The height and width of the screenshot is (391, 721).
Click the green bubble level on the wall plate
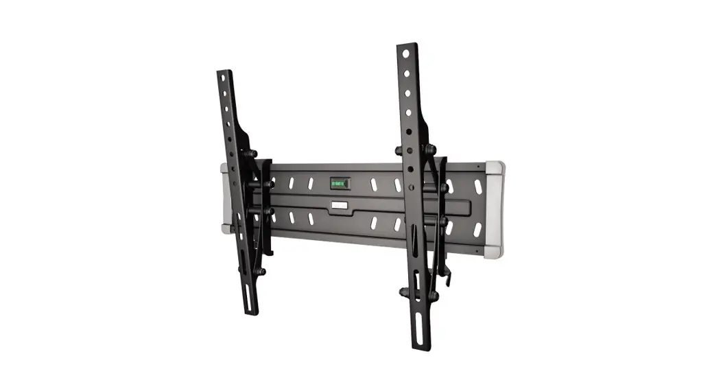point(339,183)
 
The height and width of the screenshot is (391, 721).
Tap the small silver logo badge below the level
point(339,205)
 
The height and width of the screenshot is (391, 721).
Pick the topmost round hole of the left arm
point(223,78)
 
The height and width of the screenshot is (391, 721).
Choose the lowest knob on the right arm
point(433,296)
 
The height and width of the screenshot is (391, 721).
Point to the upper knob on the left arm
point(252,154)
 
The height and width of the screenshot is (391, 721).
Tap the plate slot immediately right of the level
point(375,184)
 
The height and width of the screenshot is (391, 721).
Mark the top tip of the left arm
point(221,71)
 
